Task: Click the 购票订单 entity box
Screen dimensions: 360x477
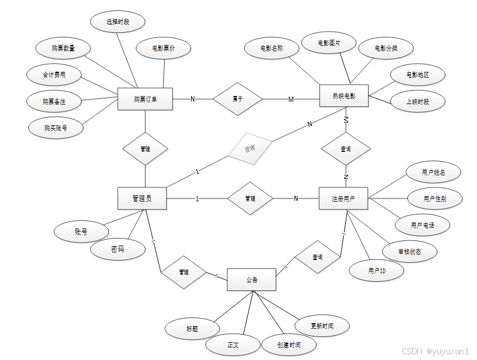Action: click(145, 99)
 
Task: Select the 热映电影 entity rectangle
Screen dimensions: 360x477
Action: click(344, 96)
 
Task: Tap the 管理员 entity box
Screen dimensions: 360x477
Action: click(142, 198)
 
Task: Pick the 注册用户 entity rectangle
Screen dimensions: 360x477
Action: click(344, 199)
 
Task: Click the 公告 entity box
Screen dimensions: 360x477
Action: click(251, 280)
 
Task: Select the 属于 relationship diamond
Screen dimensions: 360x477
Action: click(237, 99)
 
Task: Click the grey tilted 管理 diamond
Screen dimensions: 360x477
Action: click(249, 148)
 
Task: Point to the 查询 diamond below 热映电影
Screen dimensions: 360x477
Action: click(345, 149)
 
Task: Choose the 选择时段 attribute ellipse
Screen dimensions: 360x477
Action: click(118, 22)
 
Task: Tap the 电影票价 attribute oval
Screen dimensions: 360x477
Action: click(163, 49)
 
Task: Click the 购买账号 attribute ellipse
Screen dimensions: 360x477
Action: click(55, 128)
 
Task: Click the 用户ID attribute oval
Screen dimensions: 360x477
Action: click(376, 270)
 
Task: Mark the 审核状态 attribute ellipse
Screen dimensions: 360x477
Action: click(410, 251)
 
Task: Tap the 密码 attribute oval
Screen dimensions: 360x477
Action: click(117, 249)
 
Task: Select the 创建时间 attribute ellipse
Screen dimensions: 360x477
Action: click(288, 344)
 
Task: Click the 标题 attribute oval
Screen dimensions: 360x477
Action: click(192, 329)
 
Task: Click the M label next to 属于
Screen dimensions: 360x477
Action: click(291, 99)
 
